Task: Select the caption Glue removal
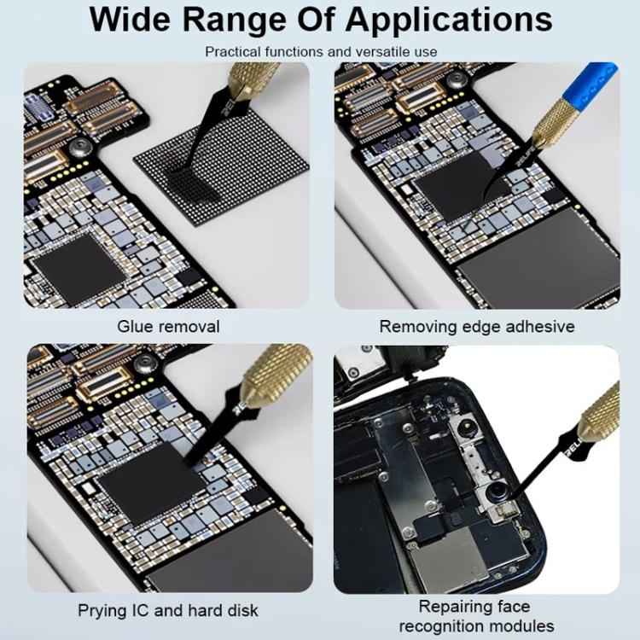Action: (168, 326)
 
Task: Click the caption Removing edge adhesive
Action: (477, 326)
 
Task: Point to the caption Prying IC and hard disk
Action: (168, 610)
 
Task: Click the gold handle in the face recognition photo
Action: (601, 412)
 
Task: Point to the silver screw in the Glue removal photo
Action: (85, 146)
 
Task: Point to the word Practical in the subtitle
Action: (232, 52)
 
